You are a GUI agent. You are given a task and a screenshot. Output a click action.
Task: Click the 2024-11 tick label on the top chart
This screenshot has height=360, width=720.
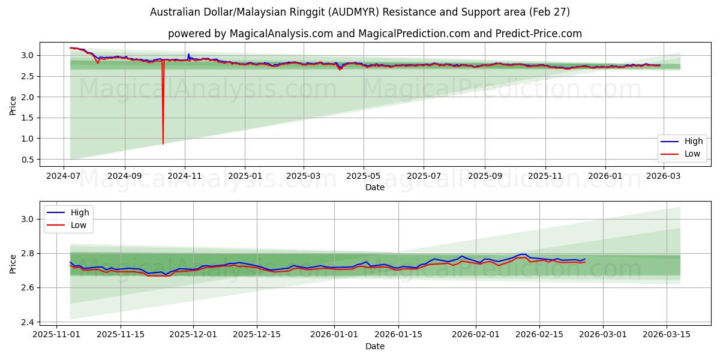click(x=185, y=176)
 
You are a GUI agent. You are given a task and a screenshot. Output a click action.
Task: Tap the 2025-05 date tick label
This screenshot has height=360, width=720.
click(x=363, y=176)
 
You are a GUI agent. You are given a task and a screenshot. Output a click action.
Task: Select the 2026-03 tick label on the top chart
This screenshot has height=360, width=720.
click(x=663, y=176)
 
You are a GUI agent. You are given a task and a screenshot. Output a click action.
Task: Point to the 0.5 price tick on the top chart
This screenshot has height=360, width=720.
click(x=28, y=160)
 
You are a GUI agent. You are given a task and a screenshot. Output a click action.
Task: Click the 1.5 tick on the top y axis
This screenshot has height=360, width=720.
click(x=28, y=118)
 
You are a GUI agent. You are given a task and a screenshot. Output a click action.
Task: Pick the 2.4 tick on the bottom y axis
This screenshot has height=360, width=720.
click(x=28, y=322)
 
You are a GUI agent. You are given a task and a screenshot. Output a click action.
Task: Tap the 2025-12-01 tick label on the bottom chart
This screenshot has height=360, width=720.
click(x=193, y=334)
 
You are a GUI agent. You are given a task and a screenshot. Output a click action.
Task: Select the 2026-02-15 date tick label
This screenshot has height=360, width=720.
click(x=539, y=334)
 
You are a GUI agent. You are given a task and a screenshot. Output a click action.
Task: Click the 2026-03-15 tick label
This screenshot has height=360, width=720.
click(x=667, y=334)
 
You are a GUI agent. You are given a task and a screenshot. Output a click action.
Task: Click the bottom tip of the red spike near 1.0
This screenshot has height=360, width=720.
click(x=163, y=144)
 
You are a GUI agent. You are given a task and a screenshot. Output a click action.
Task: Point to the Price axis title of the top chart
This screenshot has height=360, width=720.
click(x=13, y=106)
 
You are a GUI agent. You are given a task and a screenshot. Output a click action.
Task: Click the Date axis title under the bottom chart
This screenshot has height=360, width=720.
click(x=375, y=346)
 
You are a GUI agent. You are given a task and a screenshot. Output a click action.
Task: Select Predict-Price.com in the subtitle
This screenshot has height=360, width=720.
click(x=539, y=34)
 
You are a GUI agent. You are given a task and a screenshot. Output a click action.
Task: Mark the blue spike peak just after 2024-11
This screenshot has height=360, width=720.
click(x=188, y=53)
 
